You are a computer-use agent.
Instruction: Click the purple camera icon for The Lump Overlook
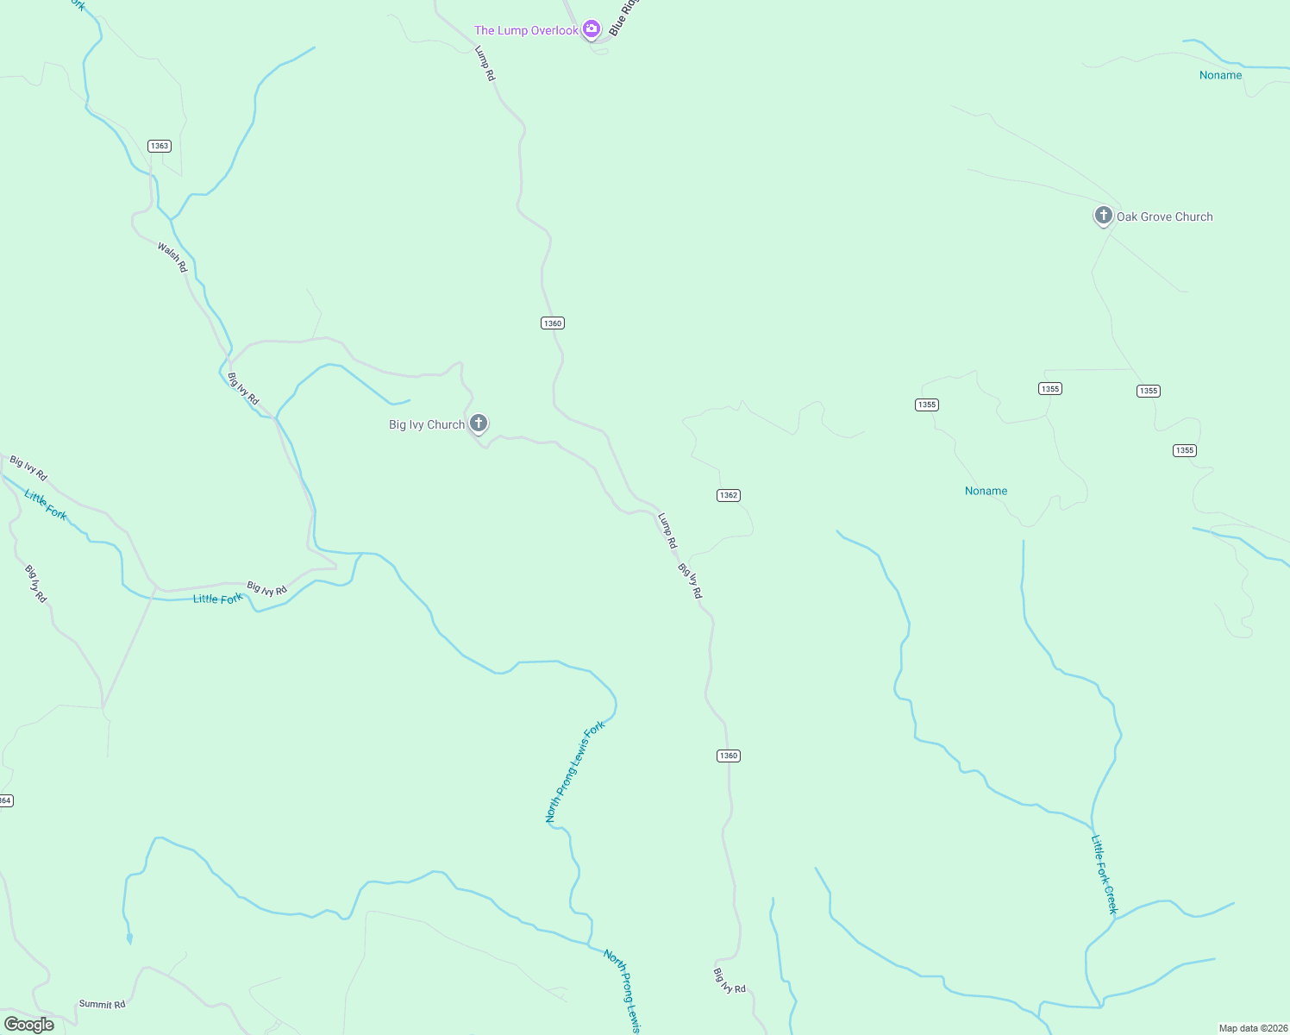591,29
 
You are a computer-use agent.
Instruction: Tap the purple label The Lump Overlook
526,31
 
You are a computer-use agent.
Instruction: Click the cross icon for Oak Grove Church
1103,216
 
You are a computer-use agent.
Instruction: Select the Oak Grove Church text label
1164,217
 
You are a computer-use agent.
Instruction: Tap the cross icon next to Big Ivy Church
479,423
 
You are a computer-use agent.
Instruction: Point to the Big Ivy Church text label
427,425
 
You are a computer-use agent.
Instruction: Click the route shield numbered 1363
160,146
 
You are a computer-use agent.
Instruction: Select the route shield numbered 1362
729,495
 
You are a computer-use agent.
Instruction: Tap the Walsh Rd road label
172,257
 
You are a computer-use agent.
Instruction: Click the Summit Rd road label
102,1004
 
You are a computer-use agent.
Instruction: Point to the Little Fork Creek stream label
1105,874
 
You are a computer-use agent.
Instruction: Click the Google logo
29,1025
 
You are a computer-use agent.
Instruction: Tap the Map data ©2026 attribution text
1253,1028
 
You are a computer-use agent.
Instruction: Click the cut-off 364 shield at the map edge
5,800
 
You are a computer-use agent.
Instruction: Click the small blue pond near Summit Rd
129,938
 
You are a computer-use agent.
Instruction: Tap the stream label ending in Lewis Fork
575,772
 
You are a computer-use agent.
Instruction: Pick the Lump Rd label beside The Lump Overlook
485,64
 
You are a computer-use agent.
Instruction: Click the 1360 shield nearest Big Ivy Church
553,323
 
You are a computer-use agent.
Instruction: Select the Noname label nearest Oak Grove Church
1220,76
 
